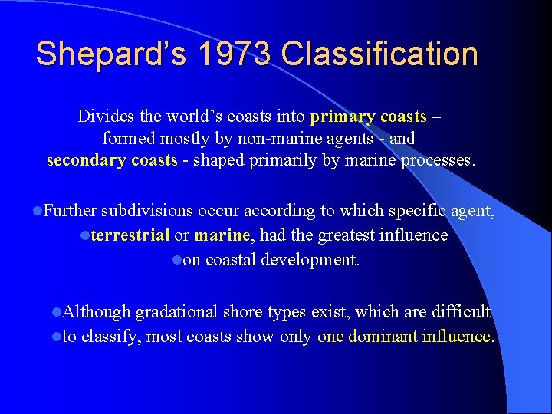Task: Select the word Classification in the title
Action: [380, 54]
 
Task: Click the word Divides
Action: [103, 117]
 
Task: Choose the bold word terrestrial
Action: [130, 235]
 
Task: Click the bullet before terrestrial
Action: [85, 235]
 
